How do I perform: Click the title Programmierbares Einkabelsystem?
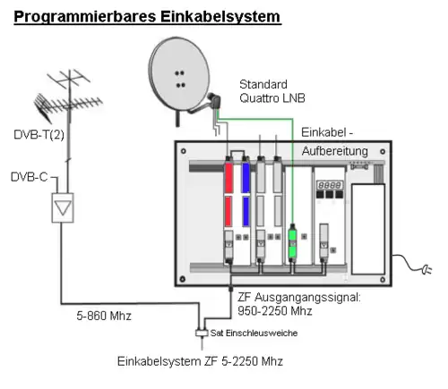[147, 17]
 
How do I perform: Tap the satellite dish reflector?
[179, 74]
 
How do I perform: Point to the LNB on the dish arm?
[214, 100]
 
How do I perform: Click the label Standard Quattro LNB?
[272, 91]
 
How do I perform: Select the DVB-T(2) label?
[39, 135]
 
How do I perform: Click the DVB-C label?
[30, 177]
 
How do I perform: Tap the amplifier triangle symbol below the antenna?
[63, 207]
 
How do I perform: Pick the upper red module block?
[228, 178]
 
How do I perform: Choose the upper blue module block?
[246, 178]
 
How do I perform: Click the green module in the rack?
[292, 241]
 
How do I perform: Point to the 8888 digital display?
[330, 185]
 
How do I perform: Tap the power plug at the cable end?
[426, 270]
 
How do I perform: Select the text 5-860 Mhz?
[104, 316]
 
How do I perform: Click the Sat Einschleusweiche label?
[254, 333]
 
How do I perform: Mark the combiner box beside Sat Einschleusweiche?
[202, 333]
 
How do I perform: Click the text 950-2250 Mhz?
[275, 311]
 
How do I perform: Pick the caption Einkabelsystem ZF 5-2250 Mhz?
[200, 361]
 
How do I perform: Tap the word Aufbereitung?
[335, 151]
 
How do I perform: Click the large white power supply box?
[368, 229]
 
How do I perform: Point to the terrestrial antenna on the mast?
[68, 98]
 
